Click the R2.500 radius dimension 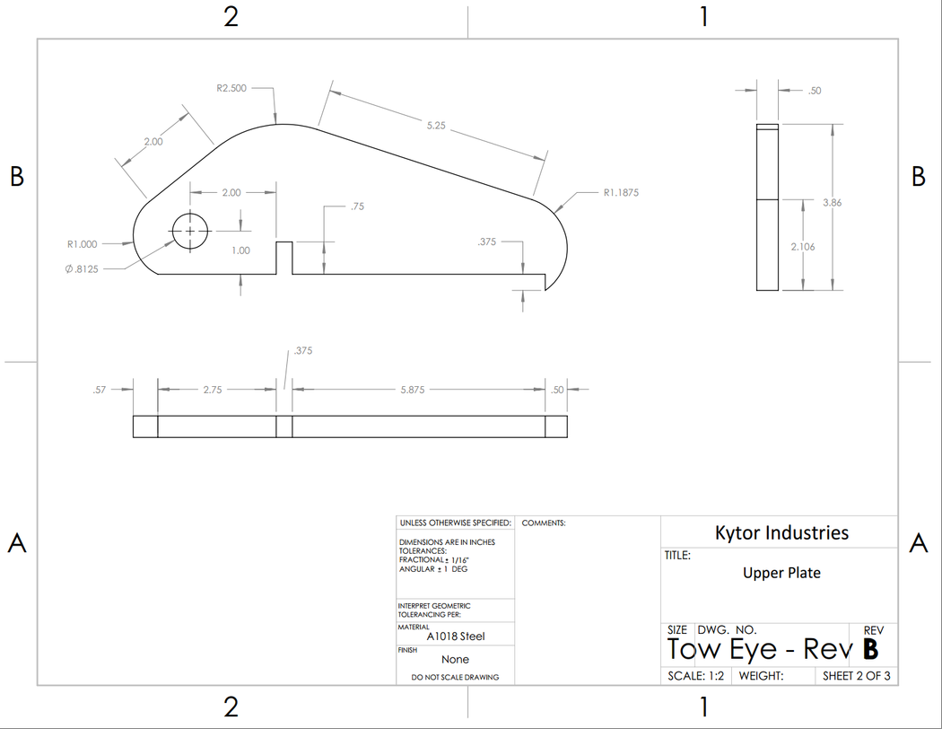click(231, 89)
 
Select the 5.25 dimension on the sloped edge click(435, 126)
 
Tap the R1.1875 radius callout click(621, 192)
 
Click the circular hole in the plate click(189, 232)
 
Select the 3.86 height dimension click(832, 203)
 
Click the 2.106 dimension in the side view click(802, 246)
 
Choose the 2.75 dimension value click(213, 390)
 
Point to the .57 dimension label click(100, 390)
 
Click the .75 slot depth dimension click(357, 206)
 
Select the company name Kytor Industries click(781, 532)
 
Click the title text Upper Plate click(781, 573)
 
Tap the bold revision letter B click(870, 649)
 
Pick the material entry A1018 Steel click(456, 637)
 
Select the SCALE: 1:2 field click(696, 676)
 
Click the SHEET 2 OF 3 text click(856, 676)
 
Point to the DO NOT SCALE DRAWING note click(455, 677)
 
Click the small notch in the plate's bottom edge click(284, 258)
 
